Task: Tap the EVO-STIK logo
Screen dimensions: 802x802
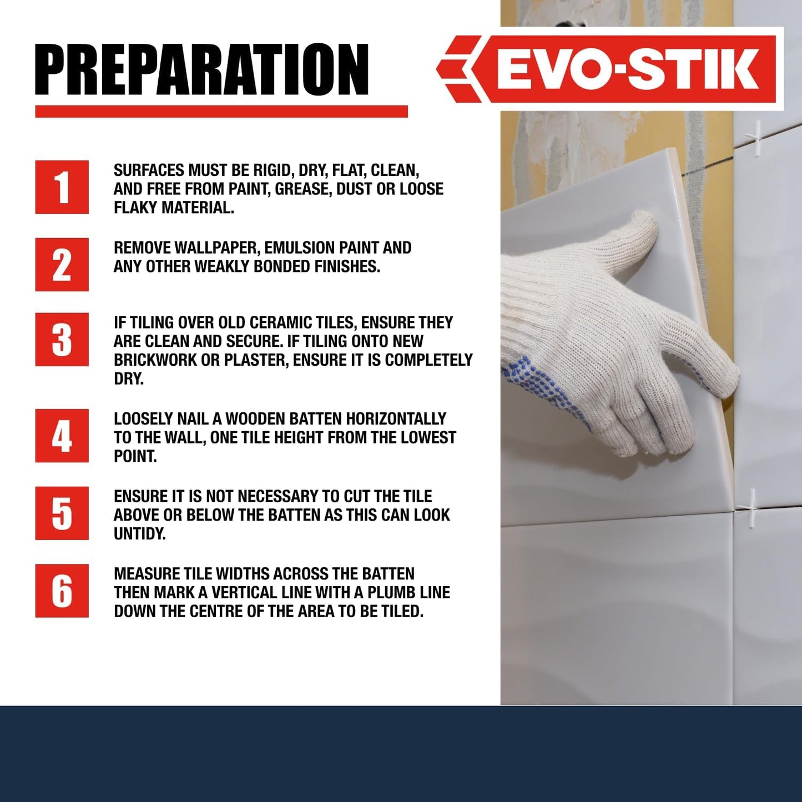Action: click(606, 69)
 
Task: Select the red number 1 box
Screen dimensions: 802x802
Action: click(62, 187)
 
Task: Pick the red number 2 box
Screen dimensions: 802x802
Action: click(62, 265)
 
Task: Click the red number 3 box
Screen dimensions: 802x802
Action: click(62, 339)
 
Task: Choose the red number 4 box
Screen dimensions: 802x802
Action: click(62, 436)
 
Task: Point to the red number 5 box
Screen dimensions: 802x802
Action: click(62, 513)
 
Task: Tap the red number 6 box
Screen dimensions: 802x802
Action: click(62, 591)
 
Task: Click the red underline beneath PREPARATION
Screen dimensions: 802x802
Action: click(221, 112)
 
